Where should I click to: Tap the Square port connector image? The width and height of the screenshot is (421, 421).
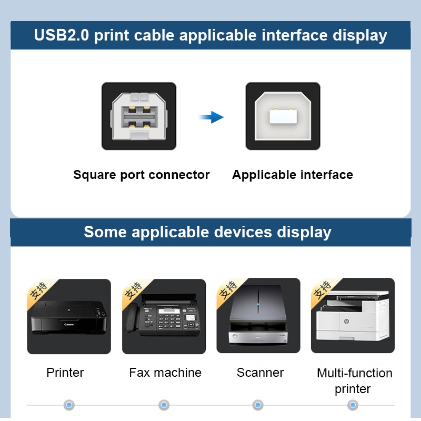tap(139, 116)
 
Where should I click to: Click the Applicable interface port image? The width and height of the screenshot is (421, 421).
tap(283, 116)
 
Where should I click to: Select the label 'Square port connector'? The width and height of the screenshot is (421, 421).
tap(141, 175)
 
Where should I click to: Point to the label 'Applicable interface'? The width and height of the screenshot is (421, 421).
tap(293, 175)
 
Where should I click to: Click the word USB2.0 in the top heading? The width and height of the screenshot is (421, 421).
tap(62, 36)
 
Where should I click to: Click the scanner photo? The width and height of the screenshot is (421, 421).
tap(258, 316)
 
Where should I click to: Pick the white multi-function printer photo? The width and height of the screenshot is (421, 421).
tap(353, 316)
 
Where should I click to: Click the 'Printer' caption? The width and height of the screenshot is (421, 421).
tap(65, 373)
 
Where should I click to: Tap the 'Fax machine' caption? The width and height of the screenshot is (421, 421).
tap(165, 373)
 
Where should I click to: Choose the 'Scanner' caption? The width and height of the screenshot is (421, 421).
tap(260, 373)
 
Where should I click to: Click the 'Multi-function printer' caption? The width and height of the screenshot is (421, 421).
tap(354, 380)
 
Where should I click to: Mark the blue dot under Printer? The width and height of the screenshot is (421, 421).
tap(69, 405)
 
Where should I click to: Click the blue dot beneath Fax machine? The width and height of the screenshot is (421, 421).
tap(164, 405)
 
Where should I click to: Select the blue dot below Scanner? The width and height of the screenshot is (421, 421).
tap(258, 405)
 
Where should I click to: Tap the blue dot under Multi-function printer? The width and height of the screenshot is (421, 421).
tap(353, 405)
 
